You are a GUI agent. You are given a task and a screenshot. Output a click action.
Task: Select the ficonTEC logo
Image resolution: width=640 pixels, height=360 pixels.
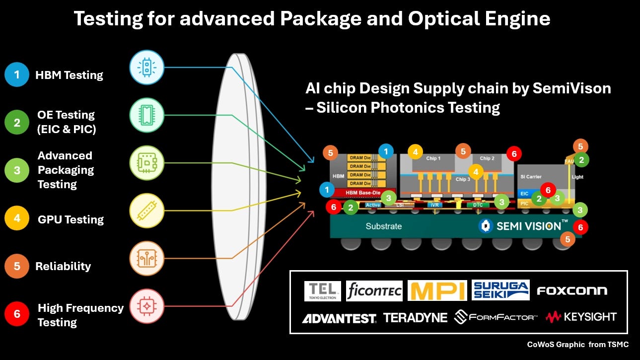click(x=374, y=291)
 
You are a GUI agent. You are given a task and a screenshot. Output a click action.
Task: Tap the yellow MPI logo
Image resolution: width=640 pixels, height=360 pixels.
click(x=437, y=290)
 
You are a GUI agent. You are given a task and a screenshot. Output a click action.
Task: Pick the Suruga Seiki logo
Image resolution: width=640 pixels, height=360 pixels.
click(x=500, y=290)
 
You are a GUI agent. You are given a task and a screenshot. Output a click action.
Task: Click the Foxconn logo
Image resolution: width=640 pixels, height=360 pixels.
click(x=572, y=291)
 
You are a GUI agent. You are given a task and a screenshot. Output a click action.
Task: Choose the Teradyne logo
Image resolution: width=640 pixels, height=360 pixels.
click(x=415, y=318)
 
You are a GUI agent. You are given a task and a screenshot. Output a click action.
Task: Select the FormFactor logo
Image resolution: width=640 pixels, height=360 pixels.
click(x=496, y=317)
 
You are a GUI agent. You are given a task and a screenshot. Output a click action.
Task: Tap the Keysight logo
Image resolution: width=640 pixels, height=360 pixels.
click(x=581, y=317)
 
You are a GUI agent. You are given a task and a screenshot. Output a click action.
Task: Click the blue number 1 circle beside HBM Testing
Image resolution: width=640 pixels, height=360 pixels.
click(x=17, y=75)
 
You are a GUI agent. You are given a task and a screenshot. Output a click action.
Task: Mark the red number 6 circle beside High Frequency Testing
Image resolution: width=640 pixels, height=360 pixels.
click(x=17, y=314)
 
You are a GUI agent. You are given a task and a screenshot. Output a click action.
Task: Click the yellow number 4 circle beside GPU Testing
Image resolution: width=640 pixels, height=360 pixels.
click(x=17, y=219)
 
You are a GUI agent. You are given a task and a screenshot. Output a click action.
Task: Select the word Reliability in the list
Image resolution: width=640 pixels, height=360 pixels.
click(x=63, y=266)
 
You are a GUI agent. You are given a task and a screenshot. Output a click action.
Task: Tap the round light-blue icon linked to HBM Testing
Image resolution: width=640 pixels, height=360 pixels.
click(x=146, y=68)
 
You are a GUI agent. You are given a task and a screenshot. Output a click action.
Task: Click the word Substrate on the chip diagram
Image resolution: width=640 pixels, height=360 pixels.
click(x=384, y=226)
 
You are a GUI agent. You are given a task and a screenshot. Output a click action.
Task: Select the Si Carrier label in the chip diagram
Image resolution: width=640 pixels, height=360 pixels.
click(x=531, y=177)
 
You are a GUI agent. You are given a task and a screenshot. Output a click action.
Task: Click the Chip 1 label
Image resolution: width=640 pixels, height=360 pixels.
click(x=433, y=158)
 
